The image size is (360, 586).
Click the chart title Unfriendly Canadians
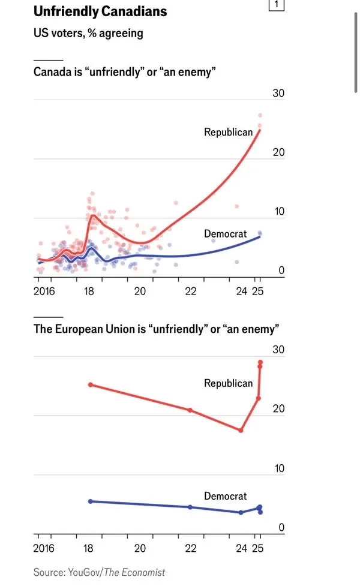pos(100,11)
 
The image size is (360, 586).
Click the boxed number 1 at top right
pos(276,5)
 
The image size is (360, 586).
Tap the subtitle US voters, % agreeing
pos(88,33)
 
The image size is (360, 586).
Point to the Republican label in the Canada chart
pos(228,132)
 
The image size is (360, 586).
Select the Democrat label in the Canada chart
pos(225,233)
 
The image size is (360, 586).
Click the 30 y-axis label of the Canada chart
pos(278,94)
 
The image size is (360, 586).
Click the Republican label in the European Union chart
pos(228,383)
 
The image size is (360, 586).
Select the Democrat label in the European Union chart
pos(225,496)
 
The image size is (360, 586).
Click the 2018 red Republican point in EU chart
pos(90,384)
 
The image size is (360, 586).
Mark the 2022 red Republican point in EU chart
pos(190,410)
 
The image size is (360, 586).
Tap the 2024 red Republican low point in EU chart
pos(241,430)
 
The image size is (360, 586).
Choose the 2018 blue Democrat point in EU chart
pos(90,501)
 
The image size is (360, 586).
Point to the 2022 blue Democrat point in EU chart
pos(190,507)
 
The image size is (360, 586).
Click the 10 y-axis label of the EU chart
pos(279,468)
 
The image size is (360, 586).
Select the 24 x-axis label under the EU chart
pos(242,548)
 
